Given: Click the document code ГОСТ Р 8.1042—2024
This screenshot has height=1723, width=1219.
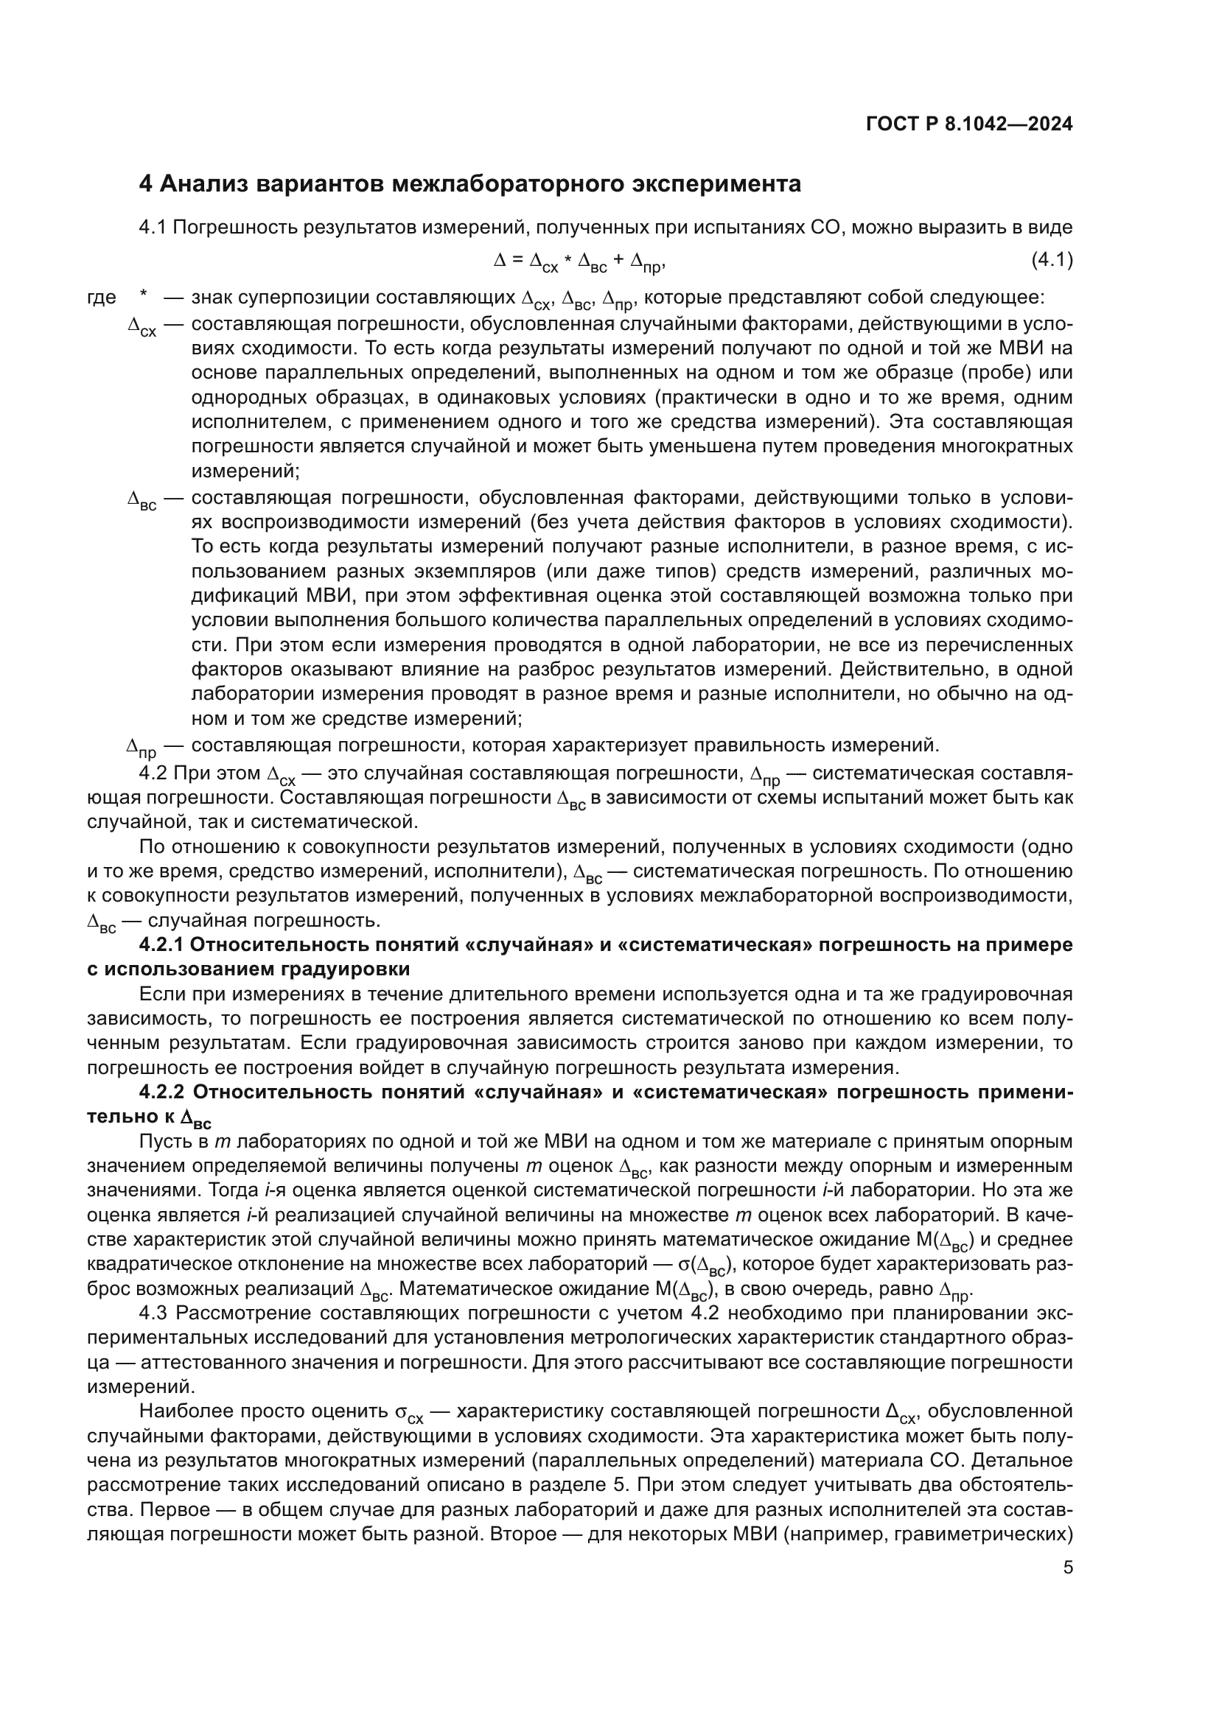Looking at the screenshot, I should [x=969, y=124].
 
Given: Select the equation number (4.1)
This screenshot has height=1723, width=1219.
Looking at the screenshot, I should [x=1051, y=260].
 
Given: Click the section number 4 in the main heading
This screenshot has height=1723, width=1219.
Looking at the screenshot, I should [x=147, y=184].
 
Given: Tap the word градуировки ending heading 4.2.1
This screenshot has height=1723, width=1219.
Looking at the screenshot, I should [x=345, y=969].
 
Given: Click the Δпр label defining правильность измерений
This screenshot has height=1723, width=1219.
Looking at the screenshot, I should [x=141, y=748].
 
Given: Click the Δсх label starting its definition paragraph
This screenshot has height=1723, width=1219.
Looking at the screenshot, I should [x=142, y=326].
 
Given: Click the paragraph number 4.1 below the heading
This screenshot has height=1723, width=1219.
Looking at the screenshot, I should [x=153, y=228].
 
